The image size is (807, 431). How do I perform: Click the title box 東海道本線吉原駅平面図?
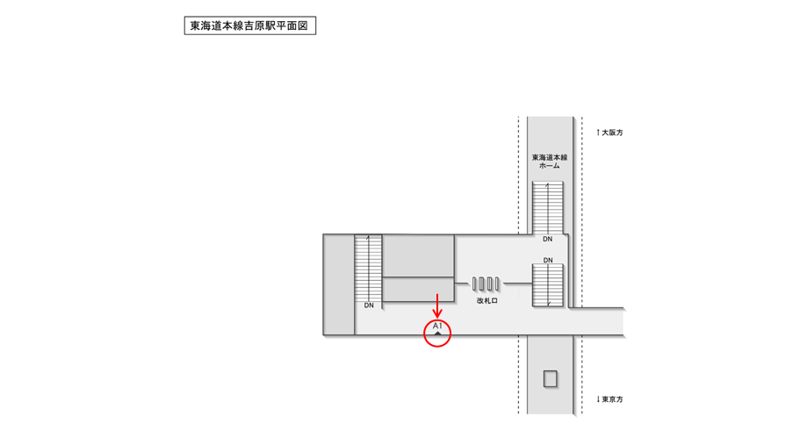[249, 25]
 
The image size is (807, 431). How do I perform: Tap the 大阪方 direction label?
[609, 133]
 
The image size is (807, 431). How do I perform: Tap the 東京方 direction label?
[609, 399]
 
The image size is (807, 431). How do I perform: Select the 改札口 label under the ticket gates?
[487, 300]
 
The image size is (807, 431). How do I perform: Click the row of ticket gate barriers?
[486, 284]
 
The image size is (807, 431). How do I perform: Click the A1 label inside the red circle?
[437, 327]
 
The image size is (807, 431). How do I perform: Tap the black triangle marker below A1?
[437, 334]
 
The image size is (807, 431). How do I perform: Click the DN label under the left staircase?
[370, 305]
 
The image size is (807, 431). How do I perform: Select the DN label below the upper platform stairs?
[548, 239]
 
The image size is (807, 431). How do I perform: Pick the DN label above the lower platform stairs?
[548, 261]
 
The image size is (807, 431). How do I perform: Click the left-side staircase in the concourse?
[370, 267]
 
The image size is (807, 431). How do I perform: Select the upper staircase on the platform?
[548, 207]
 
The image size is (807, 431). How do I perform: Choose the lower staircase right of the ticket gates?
[548, 286]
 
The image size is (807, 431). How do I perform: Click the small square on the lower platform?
[551, 379]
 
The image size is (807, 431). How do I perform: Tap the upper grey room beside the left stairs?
[419, 255]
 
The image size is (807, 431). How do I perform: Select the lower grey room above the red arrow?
[419, 289]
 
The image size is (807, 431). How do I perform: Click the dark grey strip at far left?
[339, 284]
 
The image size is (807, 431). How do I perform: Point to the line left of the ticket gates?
[462, 284]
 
